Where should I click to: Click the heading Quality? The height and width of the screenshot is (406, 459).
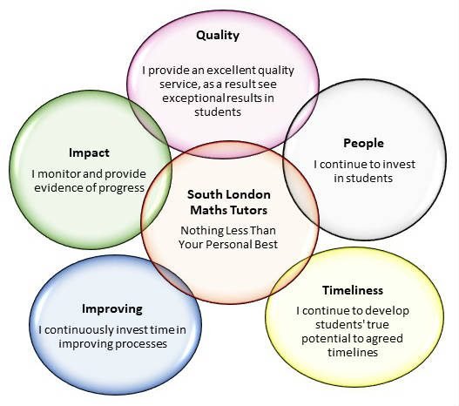218,36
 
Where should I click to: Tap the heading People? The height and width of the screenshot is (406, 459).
363,144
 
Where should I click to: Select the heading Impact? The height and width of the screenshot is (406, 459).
89,153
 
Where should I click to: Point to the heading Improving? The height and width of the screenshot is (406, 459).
112,309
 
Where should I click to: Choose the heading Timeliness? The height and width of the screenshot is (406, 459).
353,290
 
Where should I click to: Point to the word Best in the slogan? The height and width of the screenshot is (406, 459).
266,245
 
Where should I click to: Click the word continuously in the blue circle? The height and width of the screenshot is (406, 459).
78,330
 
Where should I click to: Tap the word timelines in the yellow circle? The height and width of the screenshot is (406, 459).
353,353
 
